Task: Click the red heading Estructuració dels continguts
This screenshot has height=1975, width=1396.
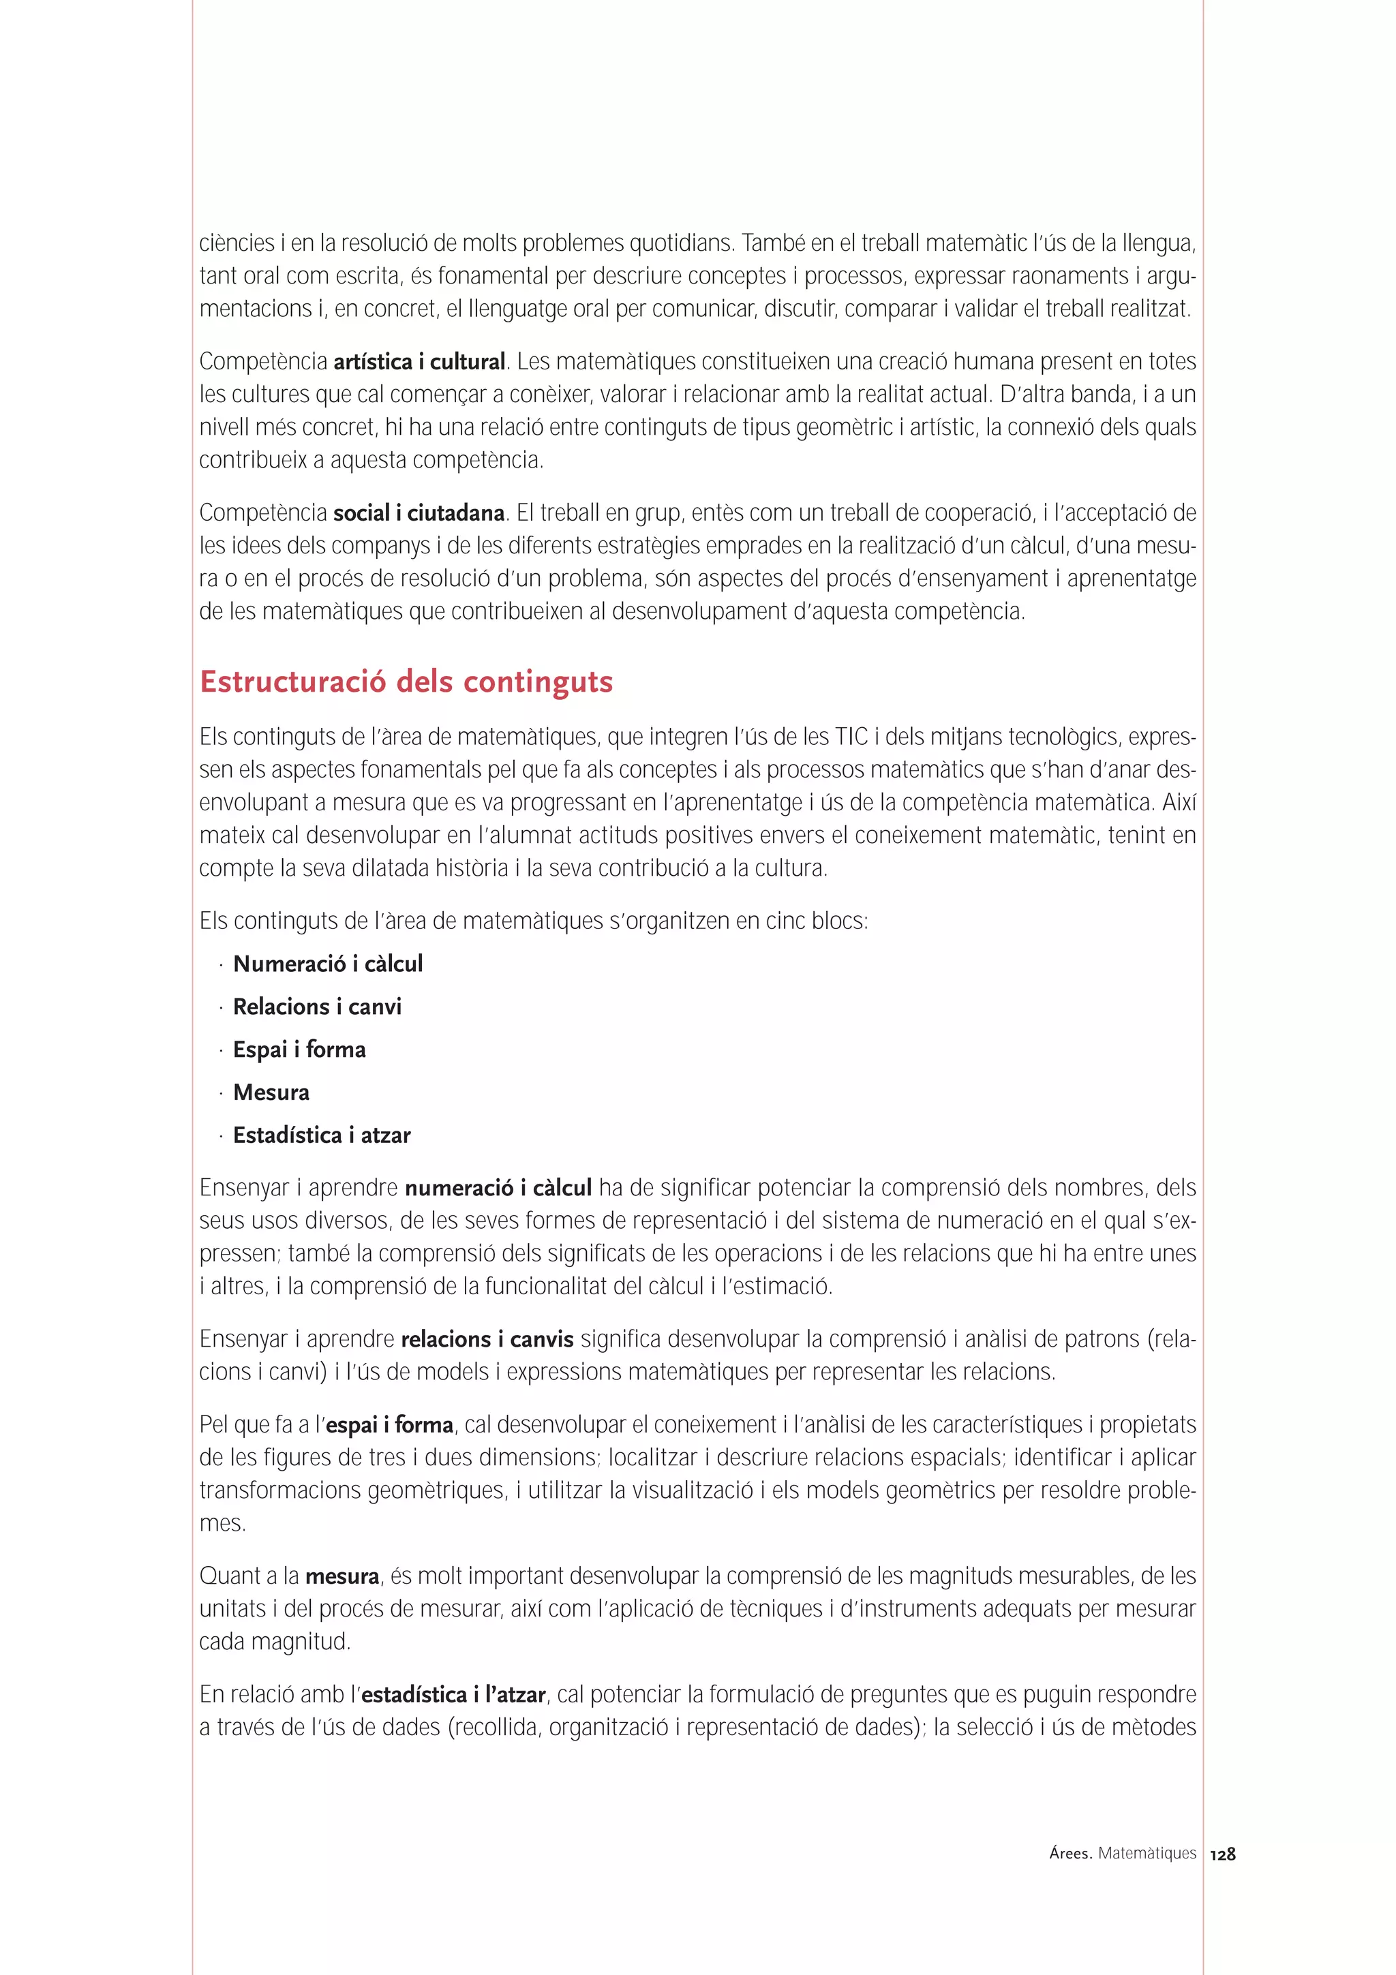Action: coord(406,682)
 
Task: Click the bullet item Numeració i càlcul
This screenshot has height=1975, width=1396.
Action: coord(328,964)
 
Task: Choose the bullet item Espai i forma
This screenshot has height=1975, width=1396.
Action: coord(299,1050)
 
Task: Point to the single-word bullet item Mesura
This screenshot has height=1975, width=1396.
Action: coord(271,1092)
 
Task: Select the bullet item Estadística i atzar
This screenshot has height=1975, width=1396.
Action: coord(322,1135)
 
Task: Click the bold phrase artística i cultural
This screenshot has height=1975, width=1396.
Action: coord(419,362)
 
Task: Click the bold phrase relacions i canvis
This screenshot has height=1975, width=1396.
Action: coord(487,1339)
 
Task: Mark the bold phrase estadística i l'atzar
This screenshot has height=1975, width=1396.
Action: coord(453,1695)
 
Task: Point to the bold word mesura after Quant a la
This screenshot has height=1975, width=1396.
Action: coord(342,1577)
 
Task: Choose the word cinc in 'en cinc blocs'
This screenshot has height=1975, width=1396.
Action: coord(784,921)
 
